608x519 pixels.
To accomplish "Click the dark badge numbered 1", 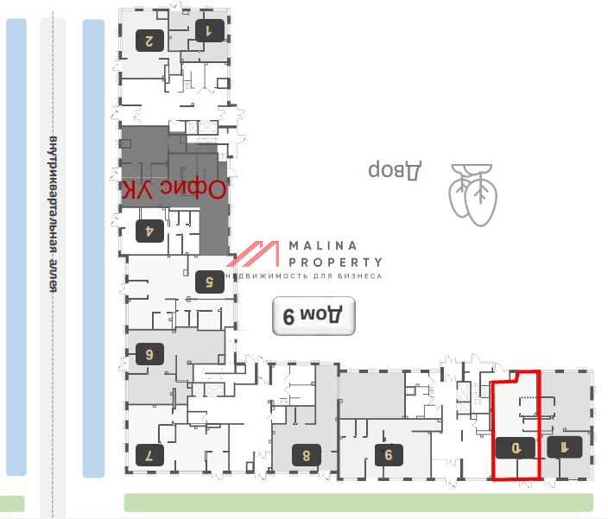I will coord(208,32).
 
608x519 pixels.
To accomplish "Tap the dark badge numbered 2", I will coord(150,39).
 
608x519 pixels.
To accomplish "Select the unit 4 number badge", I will coord(149,231).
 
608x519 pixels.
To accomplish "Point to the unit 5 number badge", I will coord(208,281).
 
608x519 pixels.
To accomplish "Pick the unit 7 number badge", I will coord(149,453).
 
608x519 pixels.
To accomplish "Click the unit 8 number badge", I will coord(306,453).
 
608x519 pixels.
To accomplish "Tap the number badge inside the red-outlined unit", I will coord(516,447).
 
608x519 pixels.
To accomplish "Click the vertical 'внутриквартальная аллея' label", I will coord(54,213).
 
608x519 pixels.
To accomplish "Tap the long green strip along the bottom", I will coord(358,503).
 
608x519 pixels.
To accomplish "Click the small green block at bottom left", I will coord(12,503).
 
